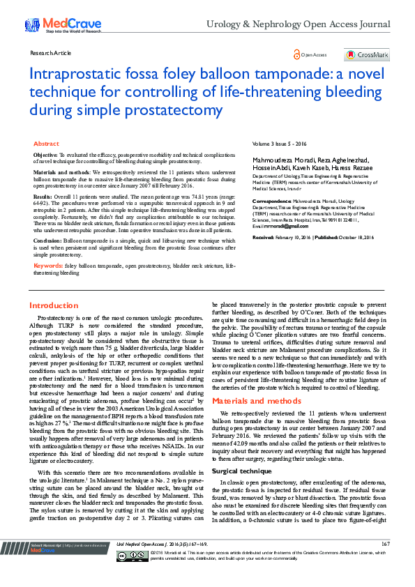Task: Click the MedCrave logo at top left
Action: pyautogui.click(x=52, y=25)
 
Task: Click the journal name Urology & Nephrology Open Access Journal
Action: pyautogui.click(x=298, y=24)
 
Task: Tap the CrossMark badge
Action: pyautogui.click(x=367, y=54)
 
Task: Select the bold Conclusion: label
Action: pyautogui.click(x=49, y=240)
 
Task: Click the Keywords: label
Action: pyautogui.click(x=49, y=266)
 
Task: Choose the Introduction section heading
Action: pyautogui.click(x=54, y=305)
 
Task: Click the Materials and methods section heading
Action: pyautogui.click(x=257, y=402)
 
